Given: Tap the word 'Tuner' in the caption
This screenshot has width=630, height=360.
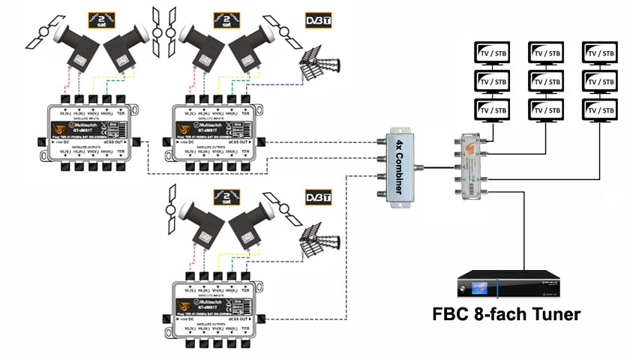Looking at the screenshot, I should coord(550,314).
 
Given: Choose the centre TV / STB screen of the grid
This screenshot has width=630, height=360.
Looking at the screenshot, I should coord(545,81).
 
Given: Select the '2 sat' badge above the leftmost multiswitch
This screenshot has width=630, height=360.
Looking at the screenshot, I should coord(103,19).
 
